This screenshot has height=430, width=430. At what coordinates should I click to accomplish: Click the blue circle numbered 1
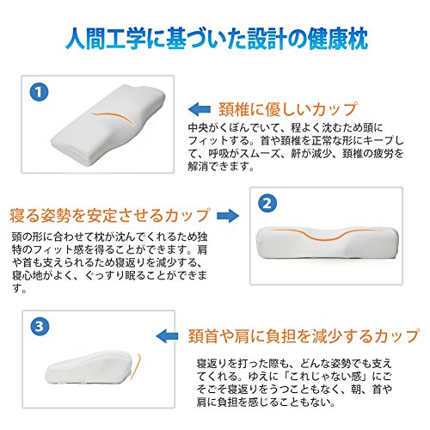coord(39,92)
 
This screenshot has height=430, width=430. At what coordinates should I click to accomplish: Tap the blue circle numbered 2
coord(267,204)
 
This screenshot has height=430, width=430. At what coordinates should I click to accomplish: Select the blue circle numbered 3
coord(40,327)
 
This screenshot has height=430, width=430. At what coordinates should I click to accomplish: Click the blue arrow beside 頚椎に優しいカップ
coord(200,109)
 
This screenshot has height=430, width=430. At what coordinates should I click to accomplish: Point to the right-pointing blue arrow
coord(228,216)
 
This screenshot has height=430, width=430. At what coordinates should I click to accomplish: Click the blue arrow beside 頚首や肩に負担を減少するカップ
coord(167,336)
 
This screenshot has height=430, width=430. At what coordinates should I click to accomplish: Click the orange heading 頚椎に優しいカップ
coord(287,109)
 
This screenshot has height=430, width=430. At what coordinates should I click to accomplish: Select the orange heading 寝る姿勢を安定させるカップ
coord(110,216)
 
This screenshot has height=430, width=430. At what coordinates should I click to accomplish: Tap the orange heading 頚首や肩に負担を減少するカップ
coord(304,336)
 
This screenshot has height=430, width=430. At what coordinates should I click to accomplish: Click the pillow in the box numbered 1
coord(108,125)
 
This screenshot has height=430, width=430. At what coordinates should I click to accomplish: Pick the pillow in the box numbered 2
coord(327,243)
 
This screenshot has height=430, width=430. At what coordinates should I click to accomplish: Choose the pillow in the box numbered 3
coord(89,367)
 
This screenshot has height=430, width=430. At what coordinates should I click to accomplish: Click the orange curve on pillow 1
coord(113,116)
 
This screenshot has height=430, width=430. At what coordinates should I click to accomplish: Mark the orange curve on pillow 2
coord(324,234)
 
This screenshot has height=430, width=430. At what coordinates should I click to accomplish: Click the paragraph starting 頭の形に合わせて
coord(109,262)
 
